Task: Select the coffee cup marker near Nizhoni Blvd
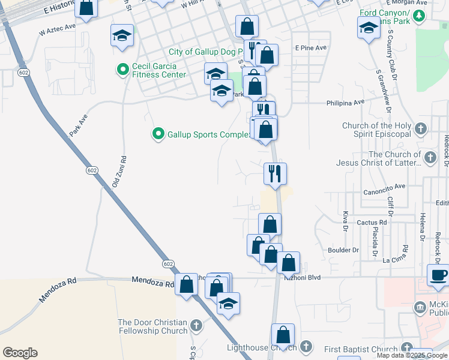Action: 438,275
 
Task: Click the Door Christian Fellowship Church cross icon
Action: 196,326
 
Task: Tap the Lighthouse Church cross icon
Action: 306,346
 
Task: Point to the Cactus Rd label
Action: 371,222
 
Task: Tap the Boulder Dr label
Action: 343,250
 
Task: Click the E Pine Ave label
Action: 310,47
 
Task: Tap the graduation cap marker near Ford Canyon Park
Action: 369,28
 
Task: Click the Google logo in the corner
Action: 20,353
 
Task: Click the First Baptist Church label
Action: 361,349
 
